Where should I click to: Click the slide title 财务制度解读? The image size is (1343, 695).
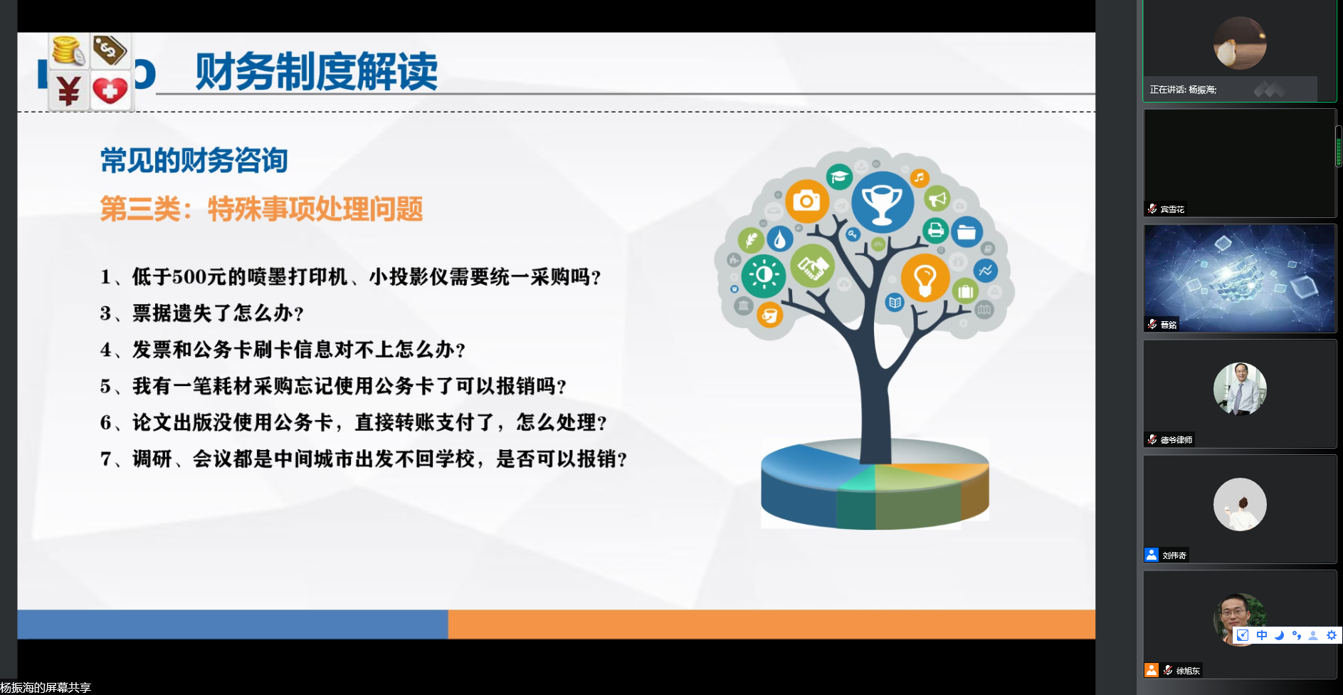(317, 71)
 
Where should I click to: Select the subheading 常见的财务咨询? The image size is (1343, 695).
(194, 160)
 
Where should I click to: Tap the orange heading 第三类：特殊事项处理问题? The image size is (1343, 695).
(261, 209)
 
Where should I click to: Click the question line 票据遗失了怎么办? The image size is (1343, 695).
(202, 313)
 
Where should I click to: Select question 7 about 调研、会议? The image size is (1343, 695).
(364, 459)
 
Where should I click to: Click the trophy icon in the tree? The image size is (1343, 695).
(883, 202)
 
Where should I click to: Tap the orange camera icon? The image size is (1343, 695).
(806, 201)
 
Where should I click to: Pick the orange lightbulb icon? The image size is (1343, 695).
(925, 278)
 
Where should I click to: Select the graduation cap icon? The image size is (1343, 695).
(839, 176)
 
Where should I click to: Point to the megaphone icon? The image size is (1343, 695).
(937, 199)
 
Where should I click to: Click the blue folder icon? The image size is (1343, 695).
(967, 232)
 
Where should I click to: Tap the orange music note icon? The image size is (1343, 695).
(920, 177)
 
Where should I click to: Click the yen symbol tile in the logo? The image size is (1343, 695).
(68, 90)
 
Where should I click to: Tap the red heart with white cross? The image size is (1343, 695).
(110, 90)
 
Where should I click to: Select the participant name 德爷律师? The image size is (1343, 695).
(1176, 440)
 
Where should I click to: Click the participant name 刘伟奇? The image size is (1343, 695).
(1174, 555)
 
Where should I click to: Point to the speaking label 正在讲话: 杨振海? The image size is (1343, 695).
(1183, 90)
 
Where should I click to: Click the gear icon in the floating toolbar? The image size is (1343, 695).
(1331, 635)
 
